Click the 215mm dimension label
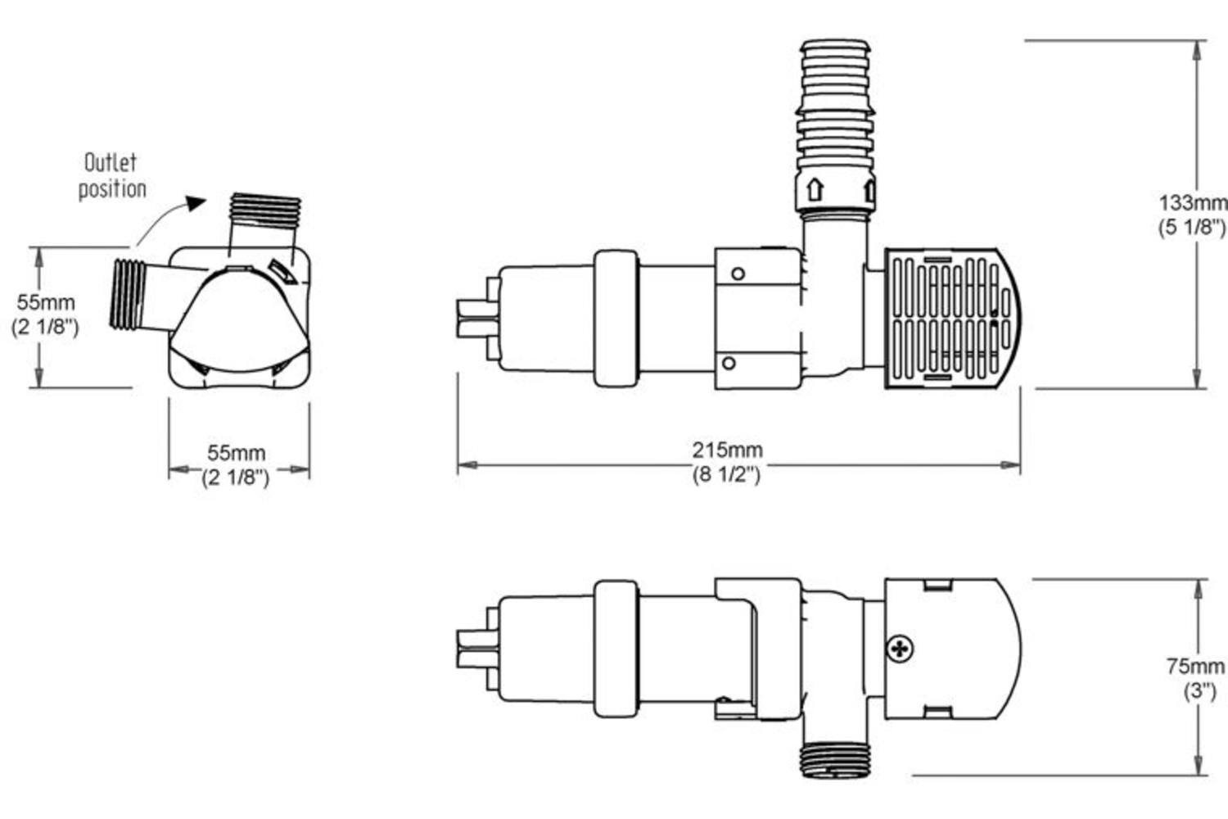click(x=727, y=450)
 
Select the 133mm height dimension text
click(x=1193, y=202)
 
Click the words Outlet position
click(x=111, y=175)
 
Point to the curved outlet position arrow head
click(x=195, y=203)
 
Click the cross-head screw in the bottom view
click(x=901, y=649)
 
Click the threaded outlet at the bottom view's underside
click(x=835, y=758)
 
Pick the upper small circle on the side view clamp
click(x=738, y=274)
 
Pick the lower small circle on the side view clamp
click(x=728, y=363)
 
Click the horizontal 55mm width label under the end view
click(x=236, y=453)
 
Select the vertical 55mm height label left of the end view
click(x=45, y=302)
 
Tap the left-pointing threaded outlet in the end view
click(x=129, y=295)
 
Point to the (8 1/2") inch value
click(x=727, y=475)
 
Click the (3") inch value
click(x=1199, y=691)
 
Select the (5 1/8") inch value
click(x=1193, y=228)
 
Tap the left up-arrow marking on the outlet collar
click(x=815, y=190)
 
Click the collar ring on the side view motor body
click(x=616, y=318)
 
